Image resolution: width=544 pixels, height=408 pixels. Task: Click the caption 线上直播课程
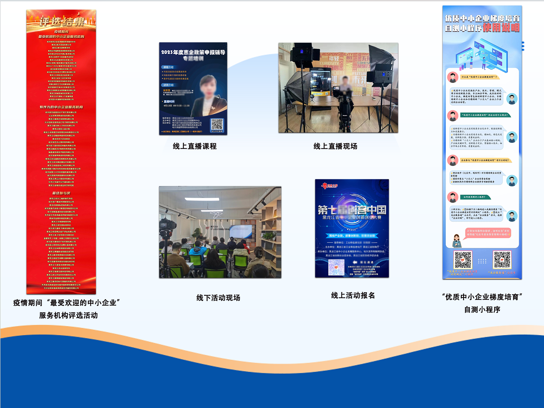pos(195,146)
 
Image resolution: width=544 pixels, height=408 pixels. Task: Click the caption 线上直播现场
pos(335,146)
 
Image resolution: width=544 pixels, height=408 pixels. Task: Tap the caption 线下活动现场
pos(218,298)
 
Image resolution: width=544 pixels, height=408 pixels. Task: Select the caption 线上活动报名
pos(353,295)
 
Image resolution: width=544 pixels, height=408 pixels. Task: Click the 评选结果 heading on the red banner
pos(62,22)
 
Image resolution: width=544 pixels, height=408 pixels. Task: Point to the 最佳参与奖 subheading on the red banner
pos(61,193)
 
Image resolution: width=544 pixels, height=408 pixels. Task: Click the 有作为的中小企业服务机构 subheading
pos(61,107)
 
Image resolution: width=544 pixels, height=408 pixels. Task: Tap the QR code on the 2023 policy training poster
pos(217,124)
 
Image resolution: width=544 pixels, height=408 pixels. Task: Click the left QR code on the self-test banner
pos(463,260)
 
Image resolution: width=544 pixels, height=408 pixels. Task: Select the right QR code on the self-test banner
pos(502,260)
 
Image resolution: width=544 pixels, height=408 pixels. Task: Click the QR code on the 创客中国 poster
pos(336,267)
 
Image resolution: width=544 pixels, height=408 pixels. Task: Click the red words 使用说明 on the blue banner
pos(501,28)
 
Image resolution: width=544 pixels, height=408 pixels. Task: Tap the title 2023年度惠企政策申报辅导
pos(193,52)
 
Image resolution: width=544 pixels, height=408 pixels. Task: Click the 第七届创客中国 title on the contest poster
pos(352,210)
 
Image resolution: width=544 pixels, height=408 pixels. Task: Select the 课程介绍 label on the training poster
pos(168,67)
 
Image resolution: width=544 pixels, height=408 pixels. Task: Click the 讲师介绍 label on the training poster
pos(168,85)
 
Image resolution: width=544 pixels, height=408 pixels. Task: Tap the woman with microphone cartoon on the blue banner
pos(456,241)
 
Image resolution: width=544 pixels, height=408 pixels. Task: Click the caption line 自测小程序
pos(482,310)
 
